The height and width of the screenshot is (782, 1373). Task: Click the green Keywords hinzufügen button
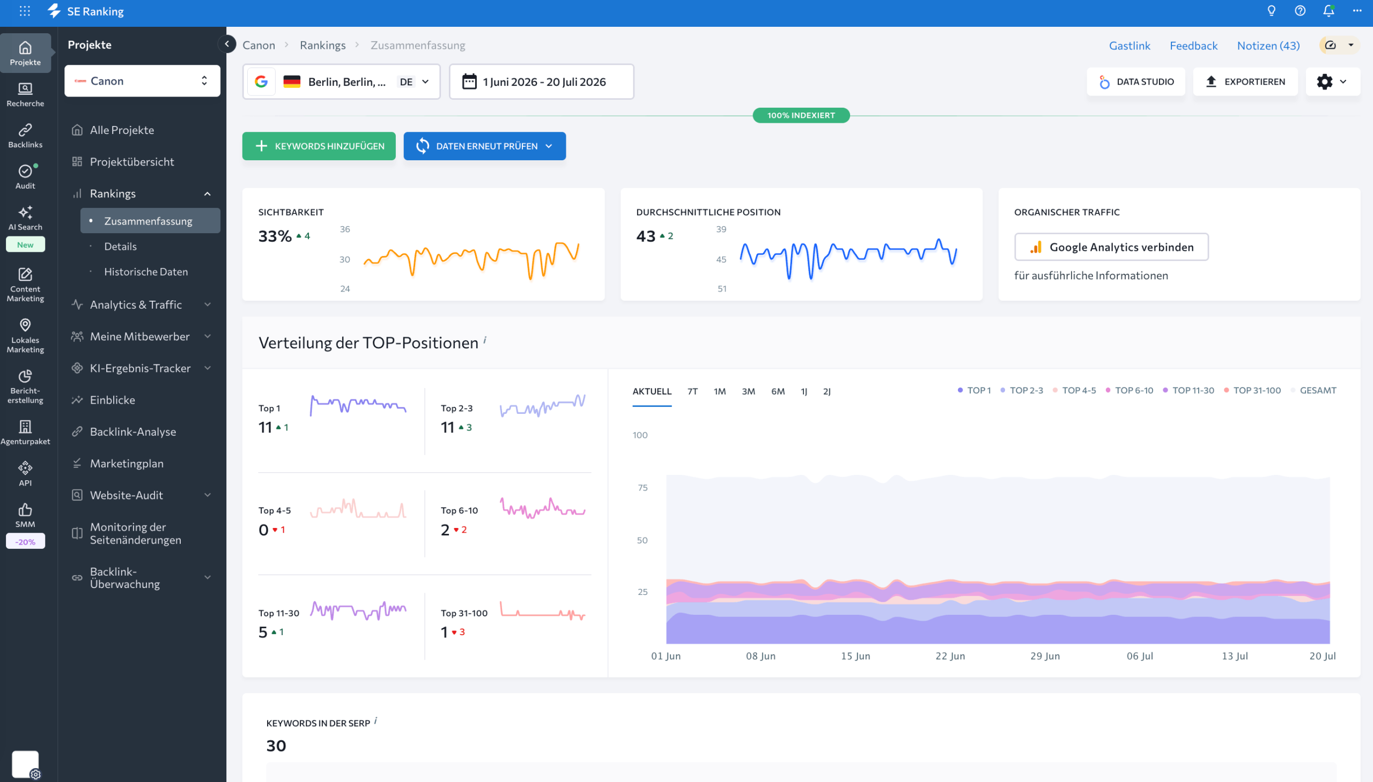(319, 146)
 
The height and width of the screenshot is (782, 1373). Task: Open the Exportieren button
(1245, 81)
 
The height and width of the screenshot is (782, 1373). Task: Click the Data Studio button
(1136, 81)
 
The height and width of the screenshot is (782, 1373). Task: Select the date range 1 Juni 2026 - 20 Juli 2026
(542, 81)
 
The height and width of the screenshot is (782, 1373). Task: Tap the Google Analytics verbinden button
(1111, 247)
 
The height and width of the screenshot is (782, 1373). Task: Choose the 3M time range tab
(748, 392)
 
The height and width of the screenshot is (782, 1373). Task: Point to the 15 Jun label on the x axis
(855, 656)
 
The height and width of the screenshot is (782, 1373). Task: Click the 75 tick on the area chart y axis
(643, 488)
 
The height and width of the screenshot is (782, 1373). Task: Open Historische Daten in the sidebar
(146, 272)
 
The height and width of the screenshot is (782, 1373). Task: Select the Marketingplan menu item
(127, 464)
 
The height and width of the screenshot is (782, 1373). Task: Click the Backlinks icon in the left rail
(25, 136)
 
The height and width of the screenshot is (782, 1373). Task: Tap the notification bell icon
(1328, 11)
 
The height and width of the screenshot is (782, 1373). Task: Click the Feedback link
(1193, 46)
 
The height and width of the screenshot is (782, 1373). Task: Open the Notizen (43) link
(1268, 46)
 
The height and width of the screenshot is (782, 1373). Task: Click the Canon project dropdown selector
(143, 81)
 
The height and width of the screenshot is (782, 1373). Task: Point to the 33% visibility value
(275, 236)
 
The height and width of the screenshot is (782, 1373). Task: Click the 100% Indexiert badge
(801, 115)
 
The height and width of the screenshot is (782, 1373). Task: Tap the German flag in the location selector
(292, 81)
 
